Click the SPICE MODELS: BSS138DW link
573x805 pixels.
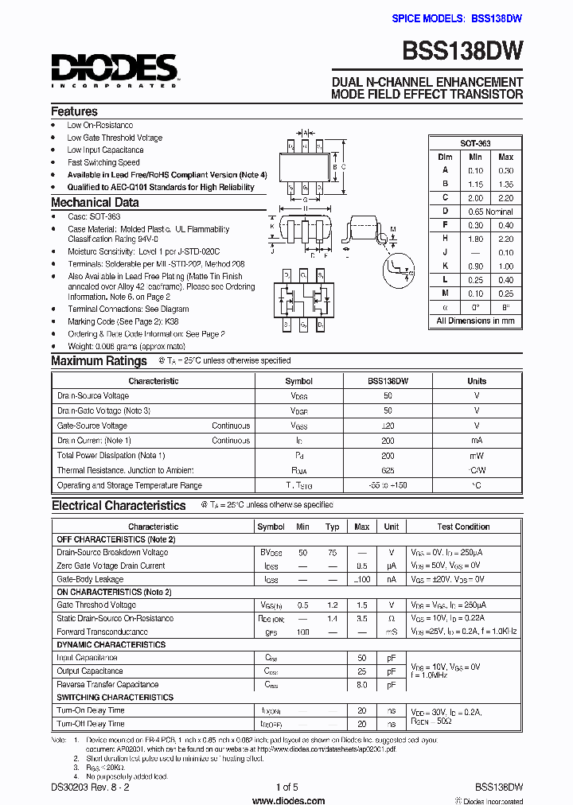pos(457,17)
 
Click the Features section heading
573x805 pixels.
pos(74,111)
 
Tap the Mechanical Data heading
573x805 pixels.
pos(95,202)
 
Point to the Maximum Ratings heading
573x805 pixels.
pos(99,361)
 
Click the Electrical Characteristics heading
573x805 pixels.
pos(119,506)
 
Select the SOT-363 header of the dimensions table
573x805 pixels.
pos(475,143)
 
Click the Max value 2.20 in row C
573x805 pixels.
pos(505,197)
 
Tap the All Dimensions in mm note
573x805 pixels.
pos(475,321)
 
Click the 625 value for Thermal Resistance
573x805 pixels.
pos(388,470)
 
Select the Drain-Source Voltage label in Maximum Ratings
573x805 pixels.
pos(93,395)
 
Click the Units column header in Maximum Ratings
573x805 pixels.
pos(477,381)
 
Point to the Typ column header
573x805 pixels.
pos(333,527)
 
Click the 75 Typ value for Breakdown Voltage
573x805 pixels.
pos(333,552)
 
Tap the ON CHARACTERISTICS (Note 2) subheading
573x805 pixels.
pos(114,592)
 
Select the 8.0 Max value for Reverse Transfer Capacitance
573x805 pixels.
pos(362,684)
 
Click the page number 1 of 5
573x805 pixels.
pos(286,787)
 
